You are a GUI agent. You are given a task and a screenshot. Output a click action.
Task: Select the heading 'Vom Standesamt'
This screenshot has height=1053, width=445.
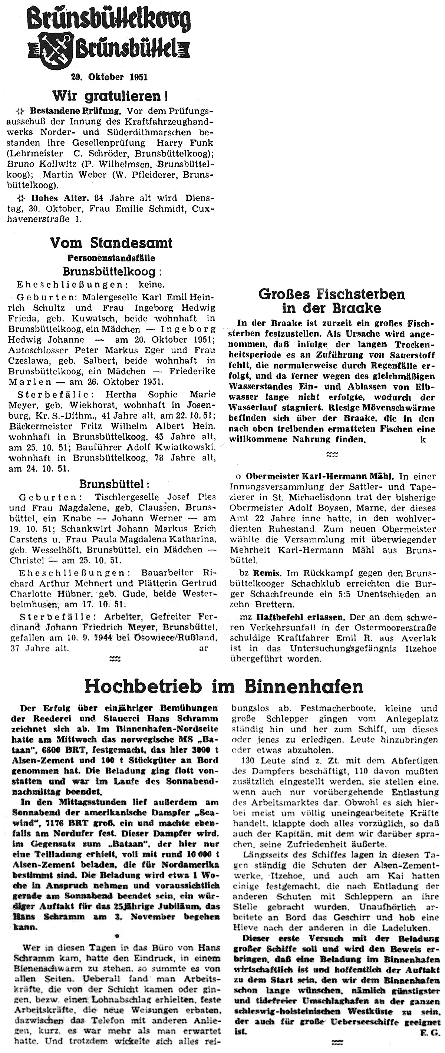(x=111, y=243)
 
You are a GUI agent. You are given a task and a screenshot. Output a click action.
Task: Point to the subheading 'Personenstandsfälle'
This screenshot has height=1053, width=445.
(x=111, y=258)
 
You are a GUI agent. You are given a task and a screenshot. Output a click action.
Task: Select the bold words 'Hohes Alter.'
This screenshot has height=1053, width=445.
(x=60, y=198)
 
